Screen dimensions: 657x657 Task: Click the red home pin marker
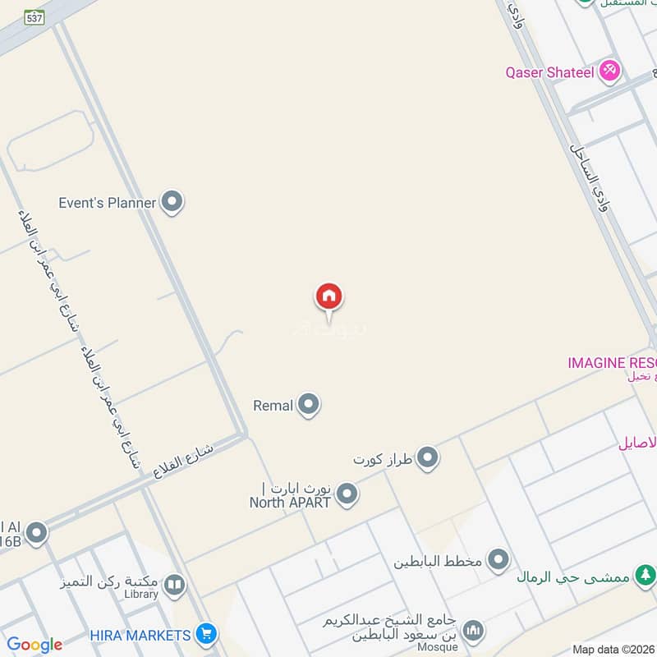(328, 296)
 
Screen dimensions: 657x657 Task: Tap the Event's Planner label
(108, 202)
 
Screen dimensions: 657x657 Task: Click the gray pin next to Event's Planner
(172, 201)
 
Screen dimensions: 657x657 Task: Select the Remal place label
(273, 405)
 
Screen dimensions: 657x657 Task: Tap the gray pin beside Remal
(308, 405)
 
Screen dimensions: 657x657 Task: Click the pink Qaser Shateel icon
(609, 71)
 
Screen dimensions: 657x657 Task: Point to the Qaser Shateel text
(549, 72)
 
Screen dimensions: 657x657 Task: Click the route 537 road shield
(34, 17)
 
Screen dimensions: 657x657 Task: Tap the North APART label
(291, 502)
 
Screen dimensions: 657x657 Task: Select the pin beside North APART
(347, 494)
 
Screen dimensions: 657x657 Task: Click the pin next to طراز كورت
(427, 458)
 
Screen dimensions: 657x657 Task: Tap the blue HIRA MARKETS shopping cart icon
(206, 634)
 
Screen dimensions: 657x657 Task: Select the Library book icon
(173, 585)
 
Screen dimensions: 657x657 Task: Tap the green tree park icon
(645, 576)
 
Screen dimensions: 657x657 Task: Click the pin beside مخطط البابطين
(498, 562)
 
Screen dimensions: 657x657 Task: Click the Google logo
(34, 645)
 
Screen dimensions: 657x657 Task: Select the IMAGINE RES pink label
(612, 362)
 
